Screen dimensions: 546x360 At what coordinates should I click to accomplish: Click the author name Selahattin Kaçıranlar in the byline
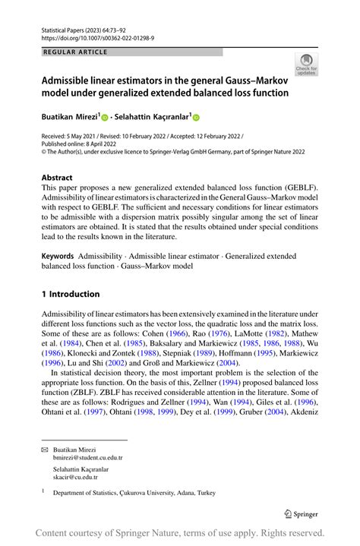tap(152, 117)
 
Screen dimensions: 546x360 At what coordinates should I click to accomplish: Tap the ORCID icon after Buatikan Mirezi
tap(106, 118)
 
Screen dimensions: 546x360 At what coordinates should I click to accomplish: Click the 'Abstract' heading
tap(58, 176)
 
